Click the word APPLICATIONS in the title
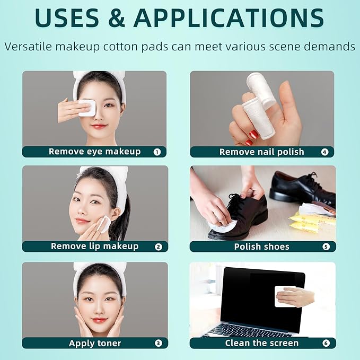click(x=229, y=18)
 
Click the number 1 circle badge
click(x=157, y=152)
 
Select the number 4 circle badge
click(x=324, y=152)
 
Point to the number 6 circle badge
click(x=325, y=344)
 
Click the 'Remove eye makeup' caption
click(x=94, y=152)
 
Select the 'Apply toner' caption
click(x=95, y=344)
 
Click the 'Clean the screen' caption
click(x=262, y=344)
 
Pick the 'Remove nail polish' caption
click(x=262, y=152)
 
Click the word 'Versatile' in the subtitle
click(x=32, y=47)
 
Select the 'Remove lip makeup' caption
click(x=94, y=247)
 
